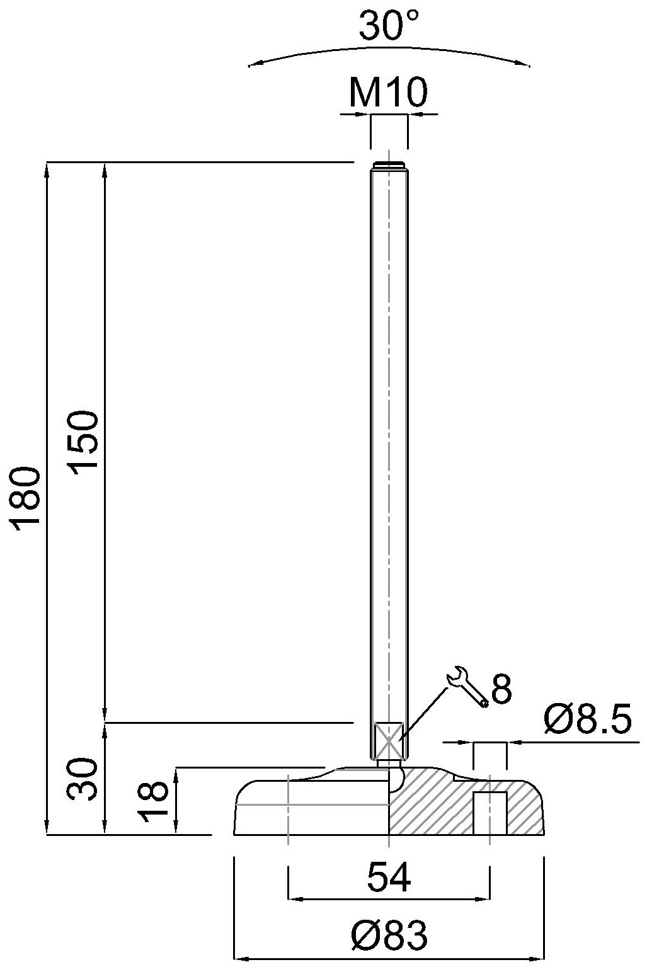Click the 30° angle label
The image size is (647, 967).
click(x=389, y=26)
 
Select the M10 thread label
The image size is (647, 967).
click(x=389, y=93)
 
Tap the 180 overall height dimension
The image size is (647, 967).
click(x=28, y=499)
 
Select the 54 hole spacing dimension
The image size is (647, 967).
click(x=389, y=877)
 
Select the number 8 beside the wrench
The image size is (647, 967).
click(x=501, y=689)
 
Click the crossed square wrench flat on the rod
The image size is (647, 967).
click(x=388, y=741)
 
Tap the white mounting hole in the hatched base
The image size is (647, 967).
click(x=490, y=813)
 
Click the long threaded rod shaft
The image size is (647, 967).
click(x=389, y=441)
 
